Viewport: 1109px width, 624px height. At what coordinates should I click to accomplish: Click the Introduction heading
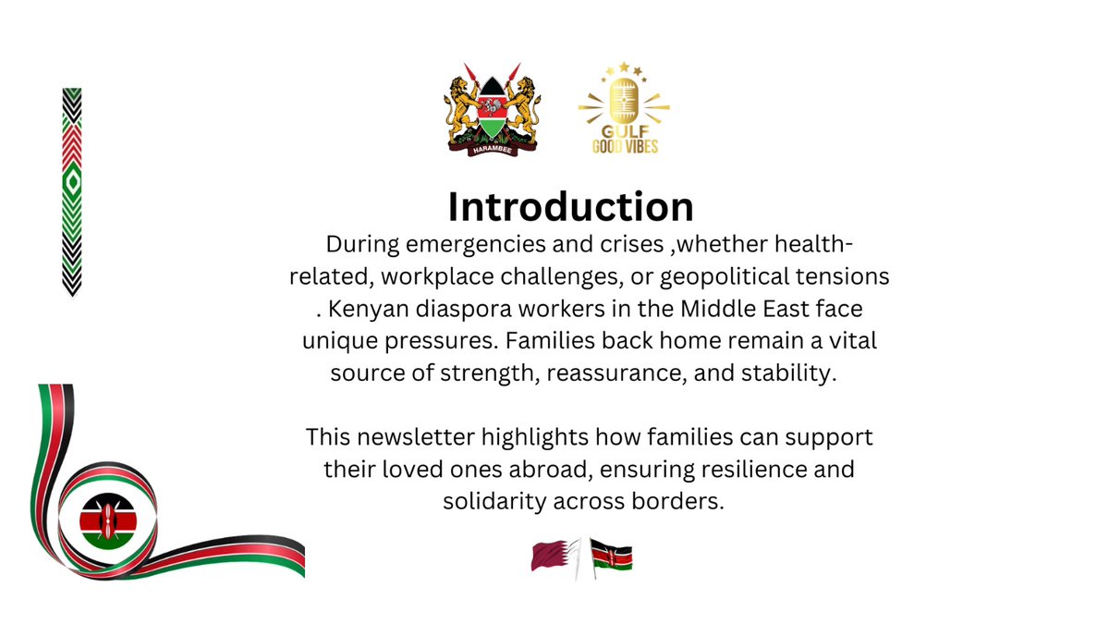[570, 207]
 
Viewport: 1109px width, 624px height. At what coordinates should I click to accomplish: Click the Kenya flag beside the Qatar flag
[611, 557]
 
